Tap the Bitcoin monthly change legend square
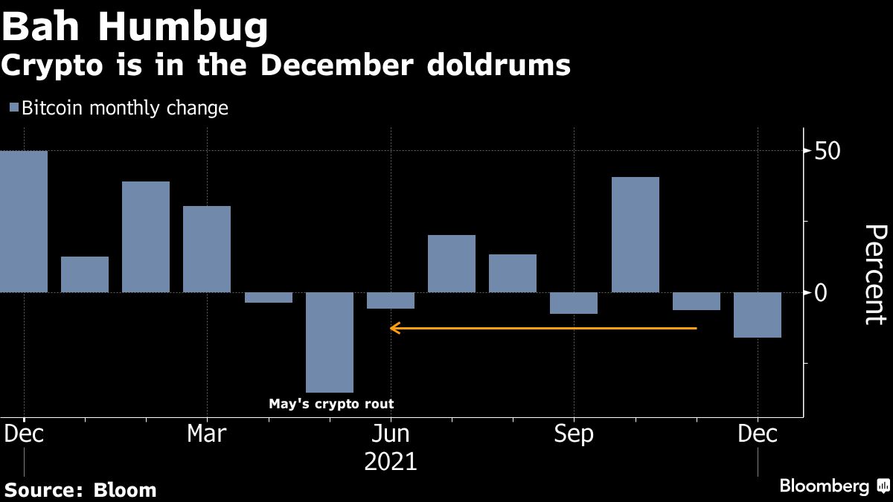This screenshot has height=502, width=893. click(x=13, y=109)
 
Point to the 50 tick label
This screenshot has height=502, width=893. click(x=828, y=151)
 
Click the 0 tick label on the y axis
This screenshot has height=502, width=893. click(x=820, y=292)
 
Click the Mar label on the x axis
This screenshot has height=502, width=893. click(x=206, y=434)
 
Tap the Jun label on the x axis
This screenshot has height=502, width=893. click(x=390, y=434)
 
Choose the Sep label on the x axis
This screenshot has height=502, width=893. click(x=574, y=434)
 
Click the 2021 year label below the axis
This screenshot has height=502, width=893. click(x=390, y=462)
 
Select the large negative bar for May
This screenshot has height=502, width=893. click(x=330, y=342)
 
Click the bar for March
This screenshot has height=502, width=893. click(x=207, y=249)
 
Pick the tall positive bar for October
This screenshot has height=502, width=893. click(x=635, y=234)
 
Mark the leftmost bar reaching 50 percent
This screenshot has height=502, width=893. click(x=24, y=222)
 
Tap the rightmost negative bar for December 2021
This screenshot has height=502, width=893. click(x=757, y=315)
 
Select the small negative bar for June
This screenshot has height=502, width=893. click(x=391, y=300)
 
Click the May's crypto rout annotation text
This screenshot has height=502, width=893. click(x=330, y=405)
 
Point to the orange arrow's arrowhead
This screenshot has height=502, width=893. click(x=394, y=327)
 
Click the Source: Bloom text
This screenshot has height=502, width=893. click(x=81, y=490)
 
